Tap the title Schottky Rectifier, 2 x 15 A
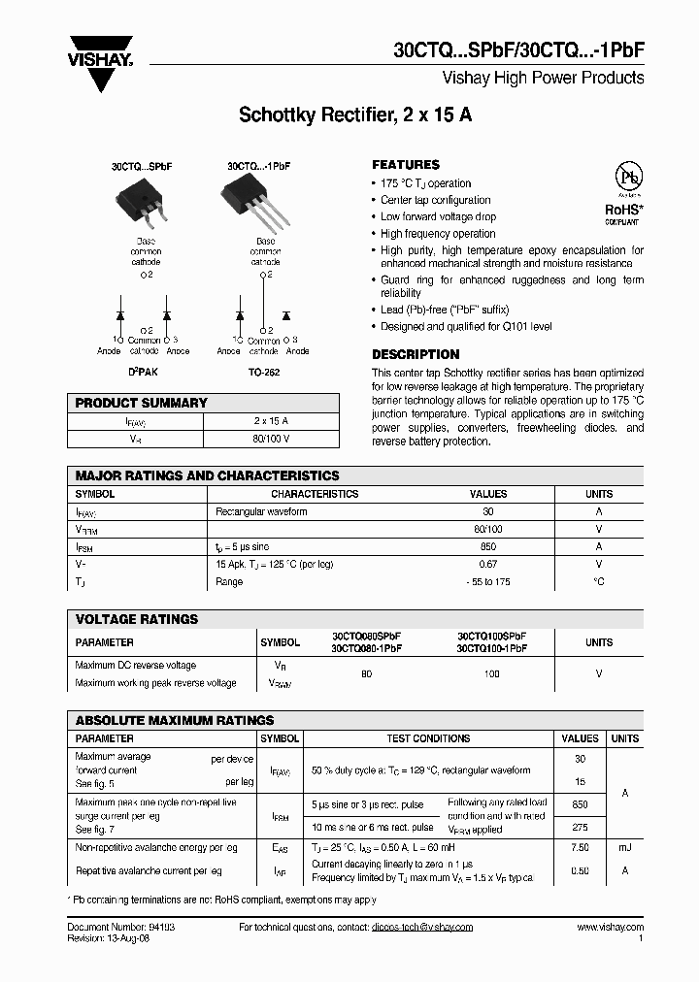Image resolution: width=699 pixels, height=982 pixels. pyautogui.click(x=355, y=115)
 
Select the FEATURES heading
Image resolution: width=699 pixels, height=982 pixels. pyautogui.click(x=406, y=165)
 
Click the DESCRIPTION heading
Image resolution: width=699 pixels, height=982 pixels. pyautogui.click(x=416, y=354)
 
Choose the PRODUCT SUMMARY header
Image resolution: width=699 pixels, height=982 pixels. pyautogui.click(x=142, y=403)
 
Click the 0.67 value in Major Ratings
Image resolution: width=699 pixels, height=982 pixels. pyautogui.click(x=488, y=564)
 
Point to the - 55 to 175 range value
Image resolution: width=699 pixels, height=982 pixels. pyautogui.click(x=488, y=581)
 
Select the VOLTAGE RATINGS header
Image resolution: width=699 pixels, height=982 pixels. pyautogui.click(x=137, y=619)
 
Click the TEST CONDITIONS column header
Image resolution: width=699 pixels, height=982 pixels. pyautogui.click(x=428, y=738)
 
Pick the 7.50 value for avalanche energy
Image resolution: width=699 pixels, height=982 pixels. pyautogui.click(x=581, y=847)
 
